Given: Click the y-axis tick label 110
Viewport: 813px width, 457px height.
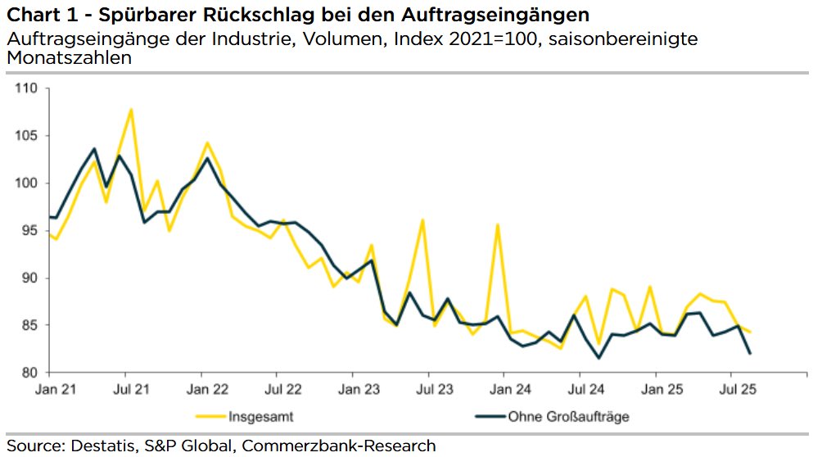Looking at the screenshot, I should (x=28, y=88).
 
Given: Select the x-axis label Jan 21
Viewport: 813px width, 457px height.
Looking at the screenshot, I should (x=50, y=390).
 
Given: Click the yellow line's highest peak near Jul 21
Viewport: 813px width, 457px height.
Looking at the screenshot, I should (x=131, y=110).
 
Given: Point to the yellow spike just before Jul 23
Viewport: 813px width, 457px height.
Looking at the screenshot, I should (x=422, y=219).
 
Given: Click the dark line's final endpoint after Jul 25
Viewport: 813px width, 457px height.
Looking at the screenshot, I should (x=750, y=353).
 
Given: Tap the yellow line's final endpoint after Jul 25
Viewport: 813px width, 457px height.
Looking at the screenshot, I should (x=750, y=332).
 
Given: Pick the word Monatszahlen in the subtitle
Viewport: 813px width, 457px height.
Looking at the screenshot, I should (x=69, y=59).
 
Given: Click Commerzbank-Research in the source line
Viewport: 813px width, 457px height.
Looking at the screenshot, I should (x=350, y=446).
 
